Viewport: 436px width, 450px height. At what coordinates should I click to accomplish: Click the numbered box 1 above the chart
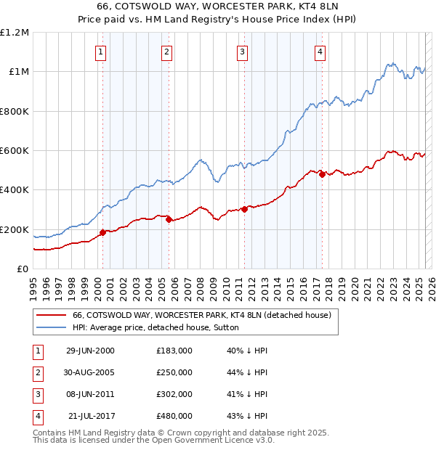(x=100, y=52)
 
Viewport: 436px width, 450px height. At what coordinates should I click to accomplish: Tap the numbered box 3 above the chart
(x=242, y=52)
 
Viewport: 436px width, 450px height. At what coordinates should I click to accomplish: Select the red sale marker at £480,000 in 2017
(x=322, y=175)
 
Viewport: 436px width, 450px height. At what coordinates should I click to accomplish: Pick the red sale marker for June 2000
(x=102, y=233)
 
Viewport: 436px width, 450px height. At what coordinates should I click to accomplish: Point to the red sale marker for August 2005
(x=169, y=219)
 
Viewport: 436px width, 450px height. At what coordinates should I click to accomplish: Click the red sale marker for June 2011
(x=244, y=209)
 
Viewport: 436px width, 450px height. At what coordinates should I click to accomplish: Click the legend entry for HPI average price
(x=161, y=328)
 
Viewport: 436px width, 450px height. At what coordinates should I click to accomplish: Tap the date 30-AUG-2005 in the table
(x=90, y=372)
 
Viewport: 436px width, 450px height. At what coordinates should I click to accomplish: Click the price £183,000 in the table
(x=174, y=351)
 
